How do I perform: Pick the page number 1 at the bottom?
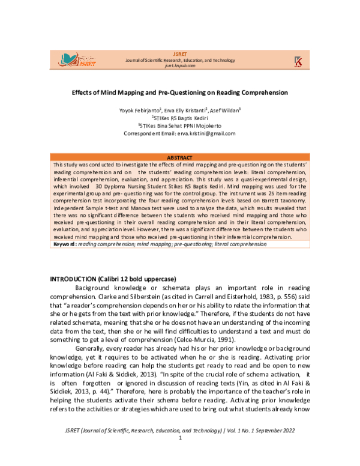(180, 455)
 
